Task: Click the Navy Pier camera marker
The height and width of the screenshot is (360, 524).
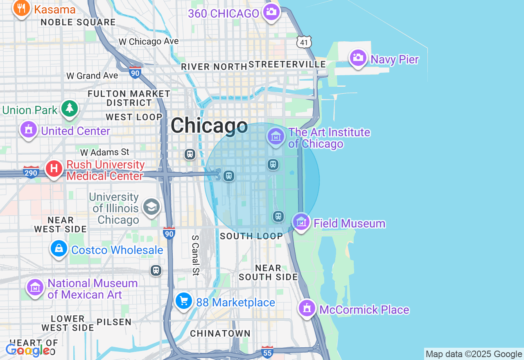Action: (x=358, y=58)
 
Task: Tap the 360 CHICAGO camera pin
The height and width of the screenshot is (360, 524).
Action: (x=271, y=12)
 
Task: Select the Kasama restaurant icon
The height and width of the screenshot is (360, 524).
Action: (x=22, y=8)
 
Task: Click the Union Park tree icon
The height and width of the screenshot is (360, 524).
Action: (x=70, y=109)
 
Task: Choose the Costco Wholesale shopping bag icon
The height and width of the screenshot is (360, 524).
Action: (x=59, y=249)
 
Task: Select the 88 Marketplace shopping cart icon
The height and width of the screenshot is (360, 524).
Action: (x=184, y=301)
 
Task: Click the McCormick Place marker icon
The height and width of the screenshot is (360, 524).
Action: (x=307, y=308)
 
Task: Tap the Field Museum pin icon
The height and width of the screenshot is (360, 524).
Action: (x=301, y=222)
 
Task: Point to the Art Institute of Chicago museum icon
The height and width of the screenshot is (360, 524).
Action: (x=276, y=137)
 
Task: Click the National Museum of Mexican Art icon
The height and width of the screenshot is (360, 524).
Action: (x=35, y=287)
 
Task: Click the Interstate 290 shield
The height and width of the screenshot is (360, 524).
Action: (x=31, y=172)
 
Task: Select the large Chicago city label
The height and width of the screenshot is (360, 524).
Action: (x=209, y=126)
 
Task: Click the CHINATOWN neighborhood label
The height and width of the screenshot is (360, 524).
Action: (x=220, y=333)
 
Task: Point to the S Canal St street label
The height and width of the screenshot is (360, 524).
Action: (x=196, y=255)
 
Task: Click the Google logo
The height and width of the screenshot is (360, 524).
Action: (x=28, y=350)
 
